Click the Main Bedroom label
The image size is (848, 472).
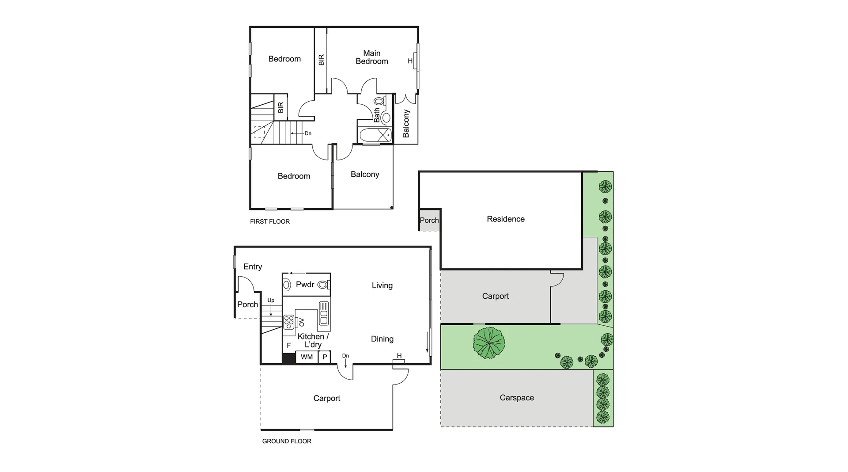[371, 57]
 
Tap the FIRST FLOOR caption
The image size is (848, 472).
[270, 221]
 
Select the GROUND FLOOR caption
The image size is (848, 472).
[287, 441]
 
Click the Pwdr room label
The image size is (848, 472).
[305, 284]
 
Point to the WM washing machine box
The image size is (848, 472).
[307, 357]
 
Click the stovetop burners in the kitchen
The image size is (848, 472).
[289, 322]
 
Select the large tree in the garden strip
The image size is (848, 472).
[489, 343]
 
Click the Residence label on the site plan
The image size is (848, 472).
[505, 219]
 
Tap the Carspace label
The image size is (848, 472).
[517, 398]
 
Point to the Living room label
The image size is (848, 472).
[382, 285]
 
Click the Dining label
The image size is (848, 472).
[382, 339]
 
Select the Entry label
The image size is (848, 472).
[253, 266]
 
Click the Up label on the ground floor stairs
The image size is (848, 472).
[271, 301]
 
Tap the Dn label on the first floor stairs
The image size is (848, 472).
[308, 133]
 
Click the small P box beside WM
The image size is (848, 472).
[325, 357]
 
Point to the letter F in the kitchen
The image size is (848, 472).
[289, 346]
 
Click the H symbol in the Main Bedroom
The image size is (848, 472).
[410, 61]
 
